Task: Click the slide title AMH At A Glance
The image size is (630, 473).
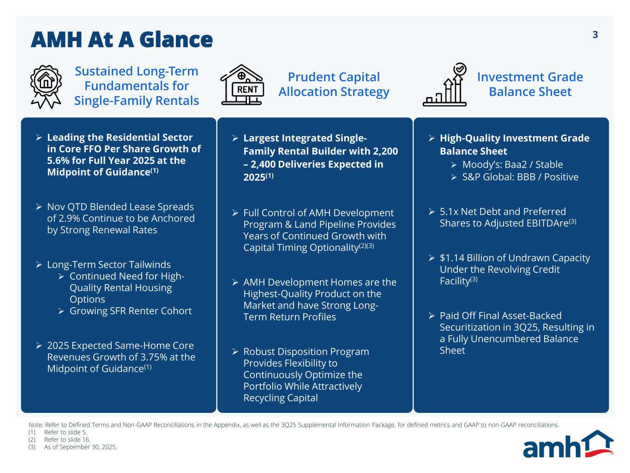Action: point(121,40)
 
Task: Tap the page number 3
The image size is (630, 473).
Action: point(595,35)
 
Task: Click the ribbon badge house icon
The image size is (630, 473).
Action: point(46,86)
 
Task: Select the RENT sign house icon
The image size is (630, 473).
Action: point(241,85)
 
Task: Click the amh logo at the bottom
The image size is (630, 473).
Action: point(568,444)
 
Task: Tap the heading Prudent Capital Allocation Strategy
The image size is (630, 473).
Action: point(334,85)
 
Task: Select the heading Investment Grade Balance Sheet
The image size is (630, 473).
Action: point(530,85)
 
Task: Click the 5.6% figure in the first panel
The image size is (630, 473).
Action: point(58,161)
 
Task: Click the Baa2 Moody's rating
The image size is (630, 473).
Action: point(513,164)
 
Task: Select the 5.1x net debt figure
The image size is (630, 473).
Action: point(448,212)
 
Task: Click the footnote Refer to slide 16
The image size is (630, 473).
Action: point(67,440)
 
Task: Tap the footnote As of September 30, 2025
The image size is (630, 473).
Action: point(81,447)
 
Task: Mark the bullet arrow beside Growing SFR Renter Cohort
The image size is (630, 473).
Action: point(61,311)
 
